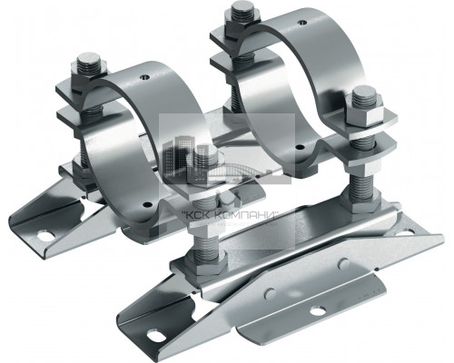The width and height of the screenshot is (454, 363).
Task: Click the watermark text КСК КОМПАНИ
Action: click(231, 216)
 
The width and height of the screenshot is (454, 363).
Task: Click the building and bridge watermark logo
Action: click(226, 161)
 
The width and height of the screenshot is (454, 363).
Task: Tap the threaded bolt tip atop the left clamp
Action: click(89, 62)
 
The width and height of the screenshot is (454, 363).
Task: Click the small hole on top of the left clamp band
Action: click(145, 77)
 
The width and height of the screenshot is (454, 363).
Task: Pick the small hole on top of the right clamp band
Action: click(301, 22)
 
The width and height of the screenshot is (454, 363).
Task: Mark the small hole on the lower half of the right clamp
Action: click(300, 148)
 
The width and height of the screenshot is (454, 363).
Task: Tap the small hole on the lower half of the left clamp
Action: click(147, 204)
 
